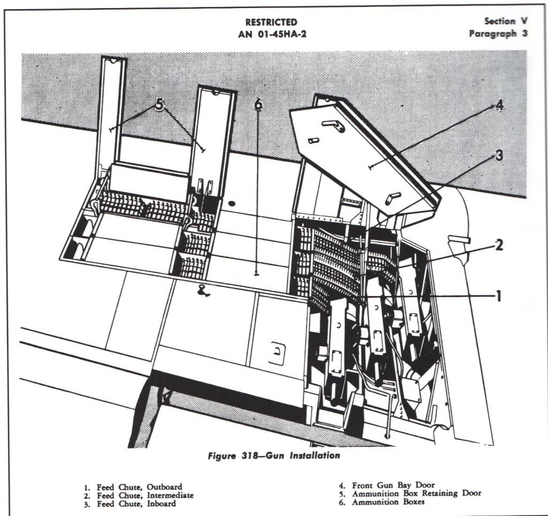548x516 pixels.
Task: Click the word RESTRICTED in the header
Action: pos(271,23)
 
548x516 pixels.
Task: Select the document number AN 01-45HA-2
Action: pos(271,35)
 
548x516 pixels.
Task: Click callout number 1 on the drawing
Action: pos(498,296)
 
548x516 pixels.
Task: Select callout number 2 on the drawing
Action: pos(499,246)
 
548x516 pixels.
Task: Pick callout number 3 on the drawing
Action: pos(499,156)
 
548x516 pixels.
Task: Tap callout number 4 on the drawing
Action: pos(499,106)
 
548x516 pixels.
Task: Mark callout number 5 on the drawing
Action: pos(159,106)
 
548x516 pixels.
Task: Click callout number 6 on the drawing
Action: pos(258,105)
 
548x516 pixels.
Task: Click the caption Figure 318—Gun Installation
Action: pos(273,456)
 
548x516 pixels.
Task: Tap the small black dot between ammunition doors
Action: pos(232,204)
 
